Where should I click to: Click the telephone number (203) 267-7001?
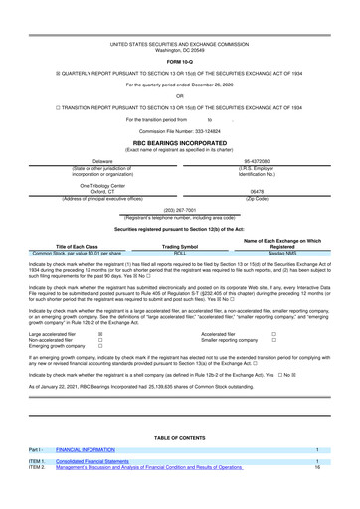[x=180, y=210]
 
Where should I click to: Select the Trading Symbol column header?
[x=180, y=246]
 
